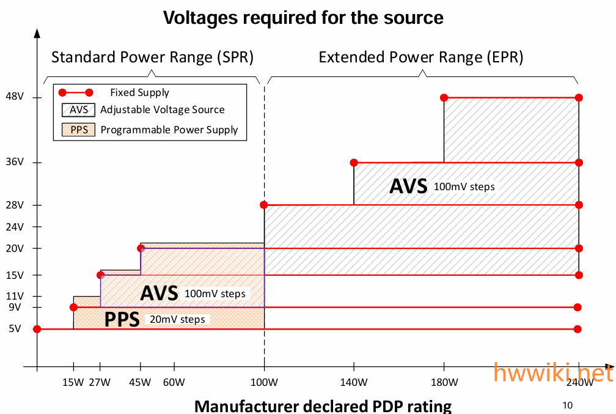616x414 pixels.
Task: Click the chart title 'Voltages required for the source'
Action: (303, 17)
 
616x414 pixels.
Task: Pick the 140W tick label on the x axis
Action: (354, 383)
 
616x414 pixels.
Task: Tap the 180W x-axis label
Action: (444, 383)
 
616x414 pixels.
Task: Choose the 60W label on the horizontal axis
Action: (174, 383)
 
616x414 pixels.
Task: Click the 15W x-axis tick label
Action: (73, 383)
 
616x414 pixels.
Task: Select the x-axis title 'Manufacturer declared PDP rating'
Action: (323, 405)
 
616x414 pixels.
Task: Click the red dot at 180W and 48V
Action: (444, 98)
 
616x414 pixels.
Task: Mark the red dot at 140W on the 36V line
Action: (354, 163)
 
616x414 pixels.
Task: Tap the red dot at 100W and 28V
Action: (264, 205)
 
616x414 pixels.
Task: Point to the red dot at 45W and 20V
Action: (141, 248)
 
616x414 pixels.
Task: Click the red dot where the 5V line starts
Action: (37, 329)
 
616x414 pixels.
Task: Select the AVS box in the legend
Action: (79, 110)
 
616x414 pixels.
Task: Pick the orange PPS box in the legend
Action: (79, 130)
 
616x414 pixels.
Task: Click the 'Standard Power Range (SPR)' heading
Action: (152, 57)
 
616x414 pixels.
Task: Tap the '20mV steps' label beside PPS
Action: (177, 319)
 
